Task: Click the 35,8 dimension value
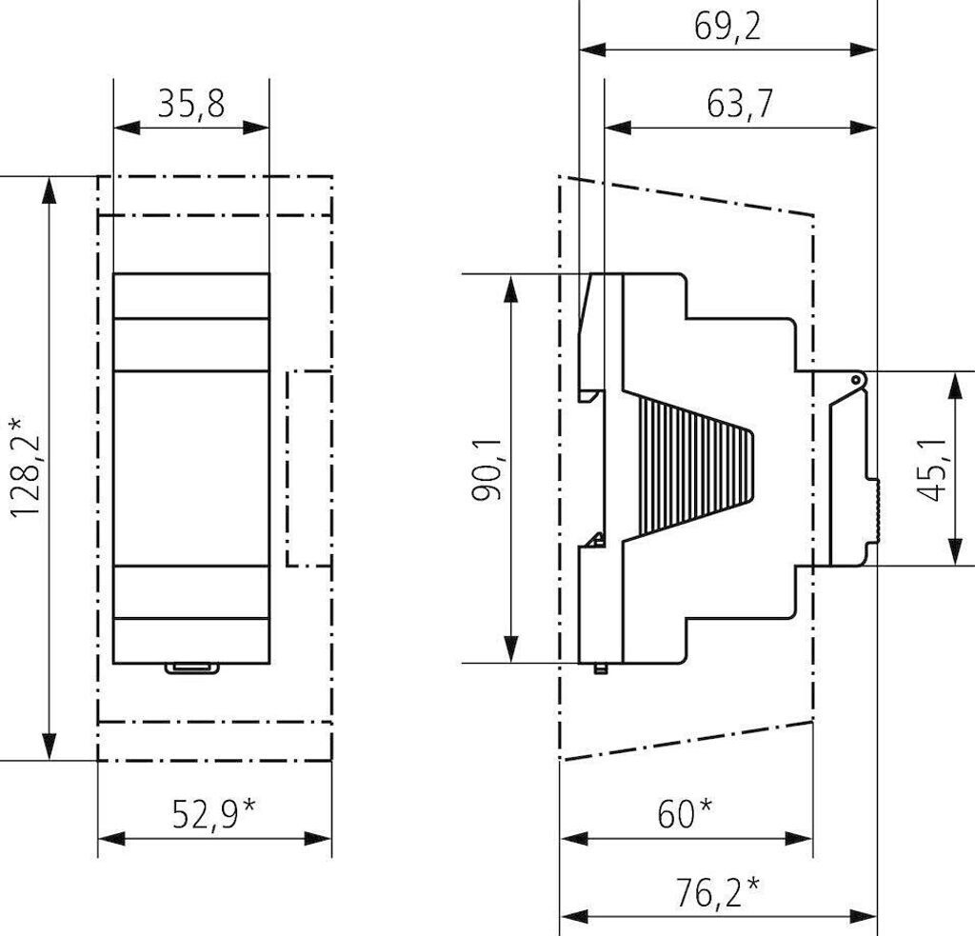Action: tap(190, 104)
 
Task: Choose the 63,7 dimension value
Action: tap(739, 104)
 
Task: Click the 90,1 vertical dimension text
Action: tap(487, 468)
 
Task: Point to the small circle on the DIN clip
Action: tap(858, 380)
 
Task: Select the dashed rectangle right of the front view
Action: tap(309, 468)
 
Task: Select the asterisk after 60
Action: tap(705, 806)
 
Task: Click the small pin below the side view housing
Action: tap(599, 667)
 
